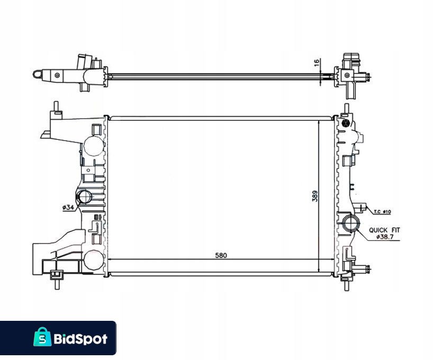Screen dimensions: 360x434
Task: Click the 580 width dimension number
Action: click(x=221, y=255)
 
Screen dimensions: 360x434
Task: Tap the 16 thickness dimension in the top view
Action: click(x=317, y=62)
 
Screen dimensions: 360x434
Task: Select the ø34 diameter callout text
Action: click(x=67, y=208)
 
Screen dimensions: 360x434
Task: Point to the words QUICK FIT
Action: click(x=385, y=230)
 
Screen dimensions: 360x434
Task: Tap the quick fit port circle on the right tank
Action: click(x=350, y=223)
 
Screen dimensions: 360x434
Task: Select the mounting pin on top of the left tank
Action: click(x=55, y=107)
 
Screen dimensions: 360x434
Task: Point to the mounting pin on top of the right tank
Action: click(x=346, y=110)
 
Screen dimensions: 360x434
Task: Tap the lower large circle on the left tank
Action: click(x=92, y=260)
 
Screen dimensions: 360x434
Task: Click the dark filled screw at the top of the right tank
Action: click(x=346, y=123)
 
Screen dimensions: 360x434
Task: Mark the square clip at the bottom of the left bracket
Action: click(x=55, y=274)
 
